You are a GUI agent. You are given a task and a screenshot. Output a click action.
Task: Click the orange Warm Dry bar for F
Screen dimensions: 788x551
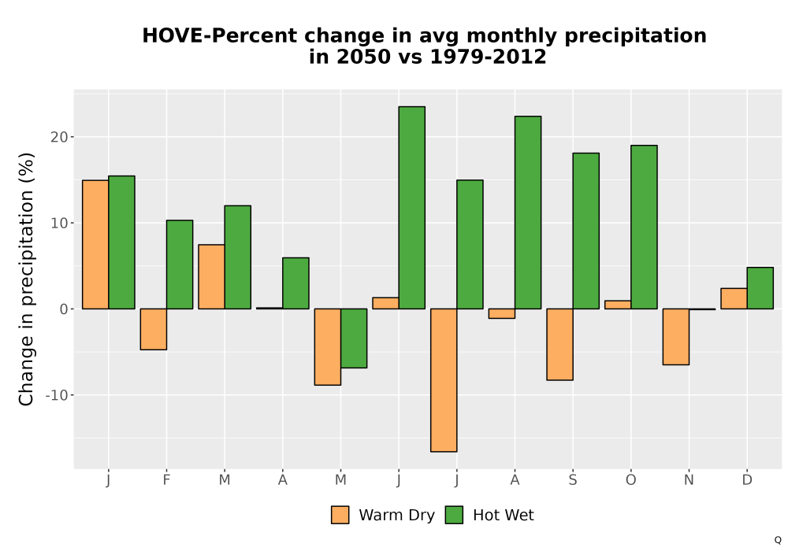154,329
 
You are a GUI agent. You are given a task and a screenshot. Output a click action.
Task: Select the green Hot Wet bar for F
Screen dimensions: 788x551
180,264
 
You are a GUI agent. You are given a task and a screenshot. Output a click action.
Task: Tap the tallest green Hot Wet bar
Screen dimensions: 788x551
411,208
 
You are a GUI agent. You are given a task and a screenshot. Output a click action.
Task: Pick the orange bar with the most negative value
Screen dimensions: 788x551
444,380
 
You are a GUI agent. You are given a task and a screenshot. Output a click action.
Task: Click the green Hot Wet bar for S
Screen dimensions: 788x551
586,231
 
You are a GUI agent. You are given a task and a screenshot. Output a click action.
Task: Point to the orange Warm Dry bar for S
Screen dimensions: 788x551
559,344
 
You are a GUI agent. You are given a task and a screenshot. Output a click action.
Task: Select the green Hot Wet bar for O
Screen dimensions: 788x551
644,227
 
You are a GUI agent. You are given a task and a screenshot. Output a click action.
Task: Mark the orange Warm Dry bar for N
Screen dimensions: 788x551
676,337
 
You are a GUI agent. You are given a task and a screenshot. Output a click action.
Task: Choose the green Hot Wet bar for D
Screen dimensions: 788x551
760,288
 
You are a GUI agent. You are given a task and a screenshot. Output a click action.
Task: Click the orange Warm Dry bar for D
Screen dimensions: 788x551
734,298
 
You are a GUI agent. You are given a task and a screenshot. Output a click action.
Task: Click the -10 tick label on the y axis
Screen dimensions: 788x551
57,395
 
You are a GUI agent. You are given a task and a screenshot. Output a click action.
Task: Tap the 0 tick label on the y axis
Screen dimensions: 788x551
63,309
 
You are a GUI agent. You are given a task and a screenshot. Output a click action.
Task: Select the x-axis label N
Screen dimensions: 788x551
689,480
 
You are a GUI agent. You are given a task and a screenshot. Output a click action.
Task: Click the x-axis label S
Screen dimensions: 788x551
573,480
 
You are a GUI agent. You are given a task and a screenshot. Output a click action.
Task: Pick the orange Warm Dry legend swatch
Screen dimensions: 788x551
340,515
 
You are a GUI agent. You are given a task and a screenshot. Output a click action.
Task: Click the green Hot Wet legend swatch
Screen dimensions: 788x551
455,515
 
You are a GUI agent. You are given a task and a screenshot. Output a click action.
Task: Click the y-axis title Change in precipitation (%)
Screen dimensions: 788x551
26,279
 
